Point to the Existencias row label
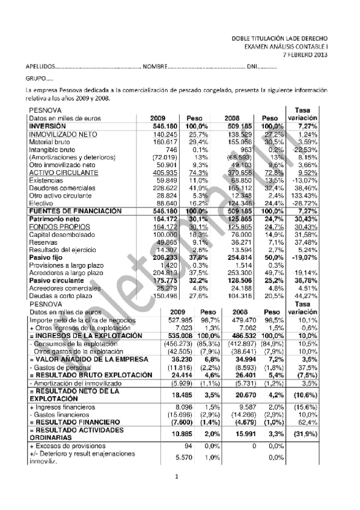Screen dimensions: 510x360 [46, 179]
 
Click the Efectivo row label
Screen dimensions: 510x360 [41, 204]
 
